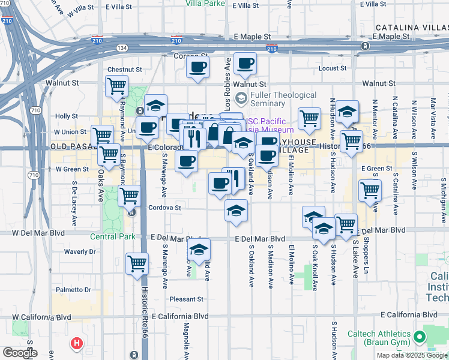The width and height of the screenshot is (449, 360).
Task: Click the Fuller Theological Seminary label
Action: pos(283,99)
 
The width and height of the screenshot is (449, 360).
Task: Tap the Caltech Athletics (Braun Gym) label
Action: pos(378,338)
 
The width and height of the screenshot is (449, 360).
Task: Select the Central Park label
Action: pos(113,236)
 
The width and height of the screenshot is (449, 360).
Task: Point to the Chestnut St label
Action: pos(124,70)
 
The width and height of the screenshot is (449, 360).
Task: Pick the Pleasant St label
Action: pos(186,299)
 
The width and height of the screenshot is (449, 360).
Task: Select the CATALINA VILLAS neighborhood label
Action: pos(412,28)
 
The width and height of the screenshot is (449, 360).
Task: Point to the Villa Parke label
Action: pos(205,3)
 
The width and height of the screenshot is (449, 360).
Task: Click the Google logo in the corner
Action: pos(20,352)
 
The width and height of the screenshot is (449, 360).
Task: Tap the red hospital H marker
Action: pos(77,344)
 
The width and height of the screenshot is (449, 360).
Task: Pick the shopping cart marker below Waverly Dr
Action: pos(137,262)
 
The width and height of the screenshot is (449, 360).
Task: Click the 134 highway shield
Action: pos(122,47)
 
